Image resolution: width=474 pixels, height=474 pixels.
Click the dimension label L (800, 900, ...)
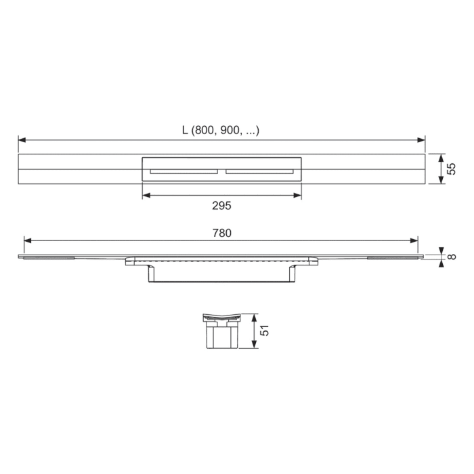point(221,131)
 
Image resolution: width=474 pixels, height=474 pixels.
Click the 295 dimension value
point(222,205)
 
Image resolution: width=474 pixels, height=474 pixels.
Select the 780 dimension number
point(222,233)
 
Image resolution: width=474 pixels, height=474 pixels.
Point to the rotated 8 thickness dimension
point(452,256)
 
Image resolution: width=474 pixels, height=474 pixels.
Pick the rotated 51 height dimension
point(265,331)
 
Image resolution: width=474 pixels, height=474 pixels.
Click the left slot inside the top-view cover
point(184,171)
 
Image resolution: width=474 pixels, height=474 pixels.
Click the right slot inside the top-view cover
point(259,171)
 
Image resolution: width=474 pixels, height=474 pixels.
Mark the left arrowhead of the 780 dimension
point(28,240)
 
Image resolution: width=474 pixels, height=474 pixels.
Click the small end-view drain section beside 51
point(221,331)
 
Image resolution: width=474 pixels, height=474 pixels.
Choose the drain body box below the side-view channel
point(221,274)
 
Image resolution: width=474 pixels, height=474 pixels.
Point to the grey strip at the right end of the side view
point(393,258)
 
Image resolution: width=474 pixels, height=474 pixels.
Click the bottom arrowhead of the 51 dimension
point(253,345)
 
